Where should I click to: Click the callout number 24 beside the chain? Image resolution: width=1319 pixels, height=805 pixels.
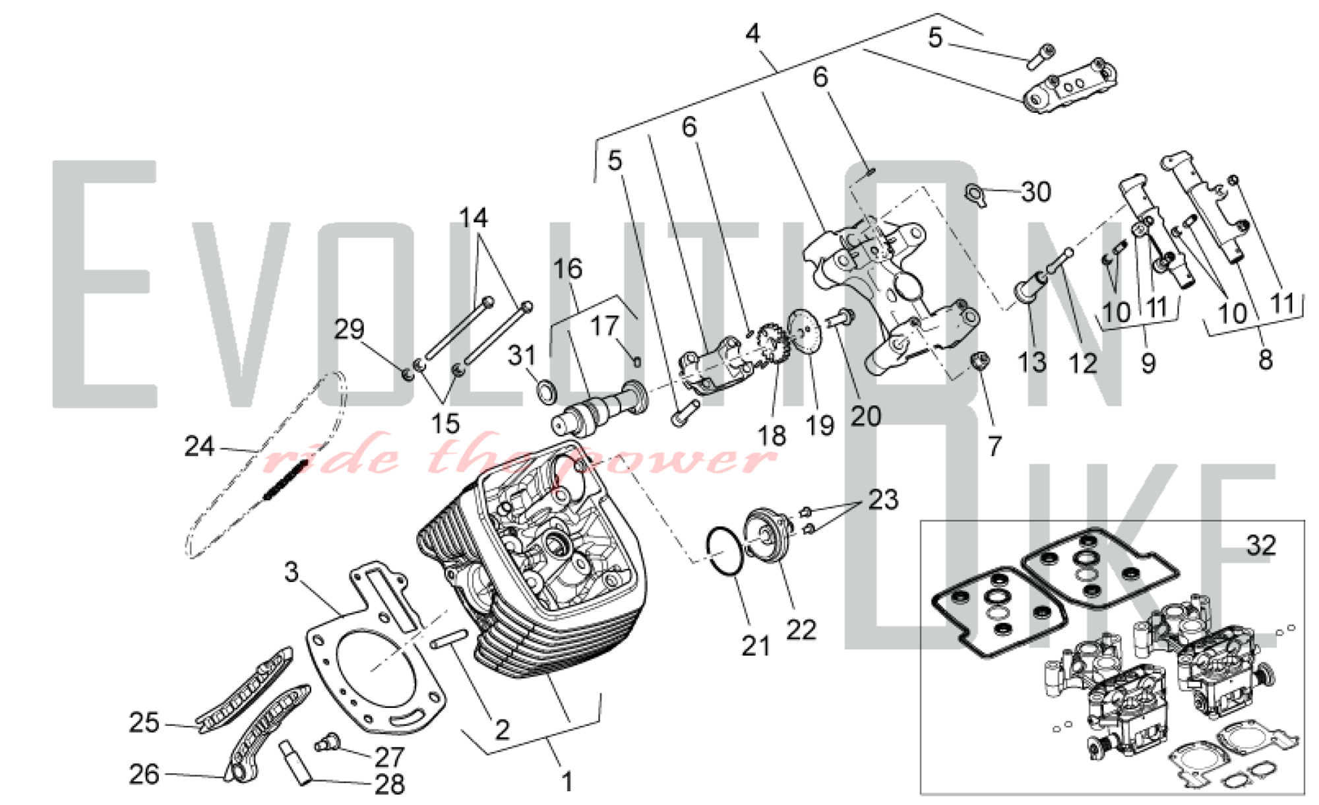(199, 447)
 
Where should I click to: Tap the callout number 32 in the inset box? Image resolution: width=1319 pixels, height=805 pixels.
(1260, 546)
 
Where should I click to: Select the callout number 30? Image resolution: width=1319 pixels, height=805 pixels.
(1035, 192)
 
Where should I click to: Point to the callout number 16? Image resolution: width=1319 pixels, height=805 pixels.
(567, 269)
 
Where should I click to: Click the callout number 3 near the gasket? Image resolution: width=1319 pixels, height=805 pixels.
(291, 572)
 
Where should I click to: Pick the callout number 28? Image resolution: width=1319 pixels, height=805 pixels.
(389, 784)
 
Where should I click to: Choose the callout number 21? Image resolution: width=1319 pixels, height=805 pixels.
(755, 646)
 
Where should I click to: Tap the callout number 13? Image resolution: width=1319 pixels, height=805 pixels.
(1031, 362)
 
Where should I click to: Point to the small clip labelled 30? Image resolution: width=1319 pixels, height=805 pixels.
(975, 194)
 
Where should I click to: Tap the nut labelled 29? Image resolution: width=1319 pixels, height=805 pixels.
(408, 374)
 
